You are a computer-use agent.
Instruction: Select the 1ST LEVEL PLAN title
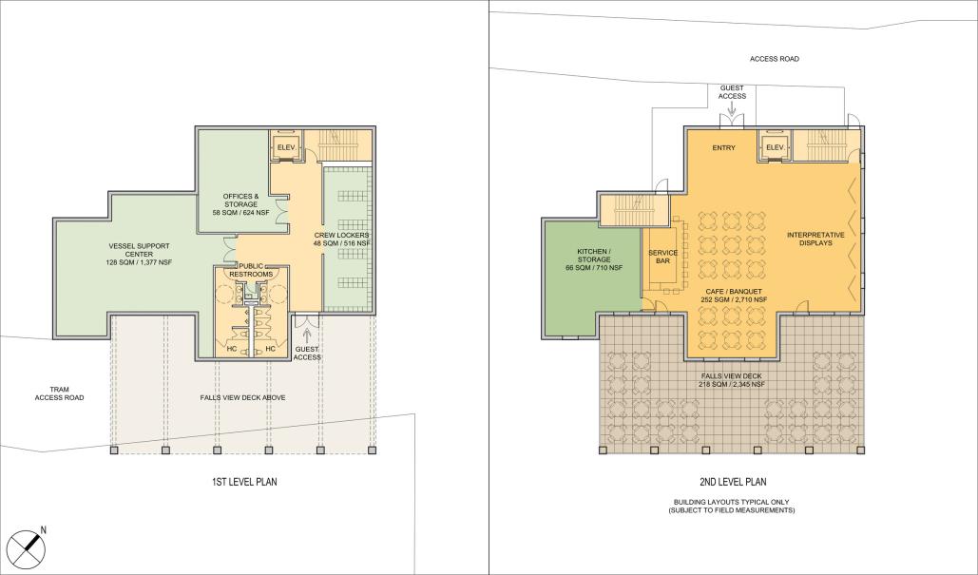tap(244, 482)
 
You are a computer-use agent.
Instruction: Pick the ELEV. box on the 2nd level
tap(774, 147)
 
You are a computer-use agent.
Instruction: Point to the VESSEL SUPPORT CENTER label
tap(139, 255)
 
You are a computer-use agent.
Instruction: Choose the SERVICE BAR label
tap(662, 258)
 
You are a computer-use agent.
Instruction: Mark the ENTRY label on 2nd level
tap(724, 147)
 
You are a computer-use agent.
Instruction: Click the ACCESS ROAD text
tap(774, 59)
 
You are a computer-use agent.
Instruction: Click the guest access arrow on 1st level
tap(306, 335)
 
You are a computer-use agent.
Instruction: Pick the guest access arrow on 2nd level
tap(731, 108)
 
